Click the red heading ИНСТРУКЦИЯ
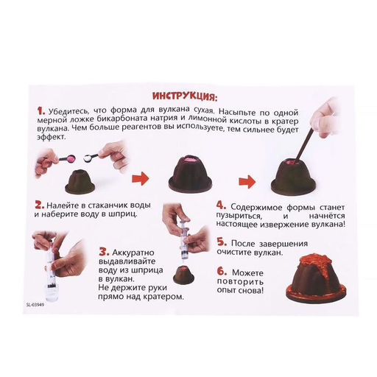(185, 96)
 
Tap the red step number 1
(41, 110)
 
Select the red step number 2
(40, 205)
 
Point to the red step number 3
(104, 252)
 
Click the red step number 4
(221, 205)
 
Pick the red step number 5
(222, 242)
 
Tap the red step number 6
(222, 272)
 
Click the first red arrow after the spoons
(140, 178)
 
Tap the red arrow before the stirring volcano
(247, 182)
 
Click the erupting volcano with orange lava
(317, 275)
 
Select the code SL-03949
(35, 305)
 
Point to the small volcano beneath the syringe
(185, 275)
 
